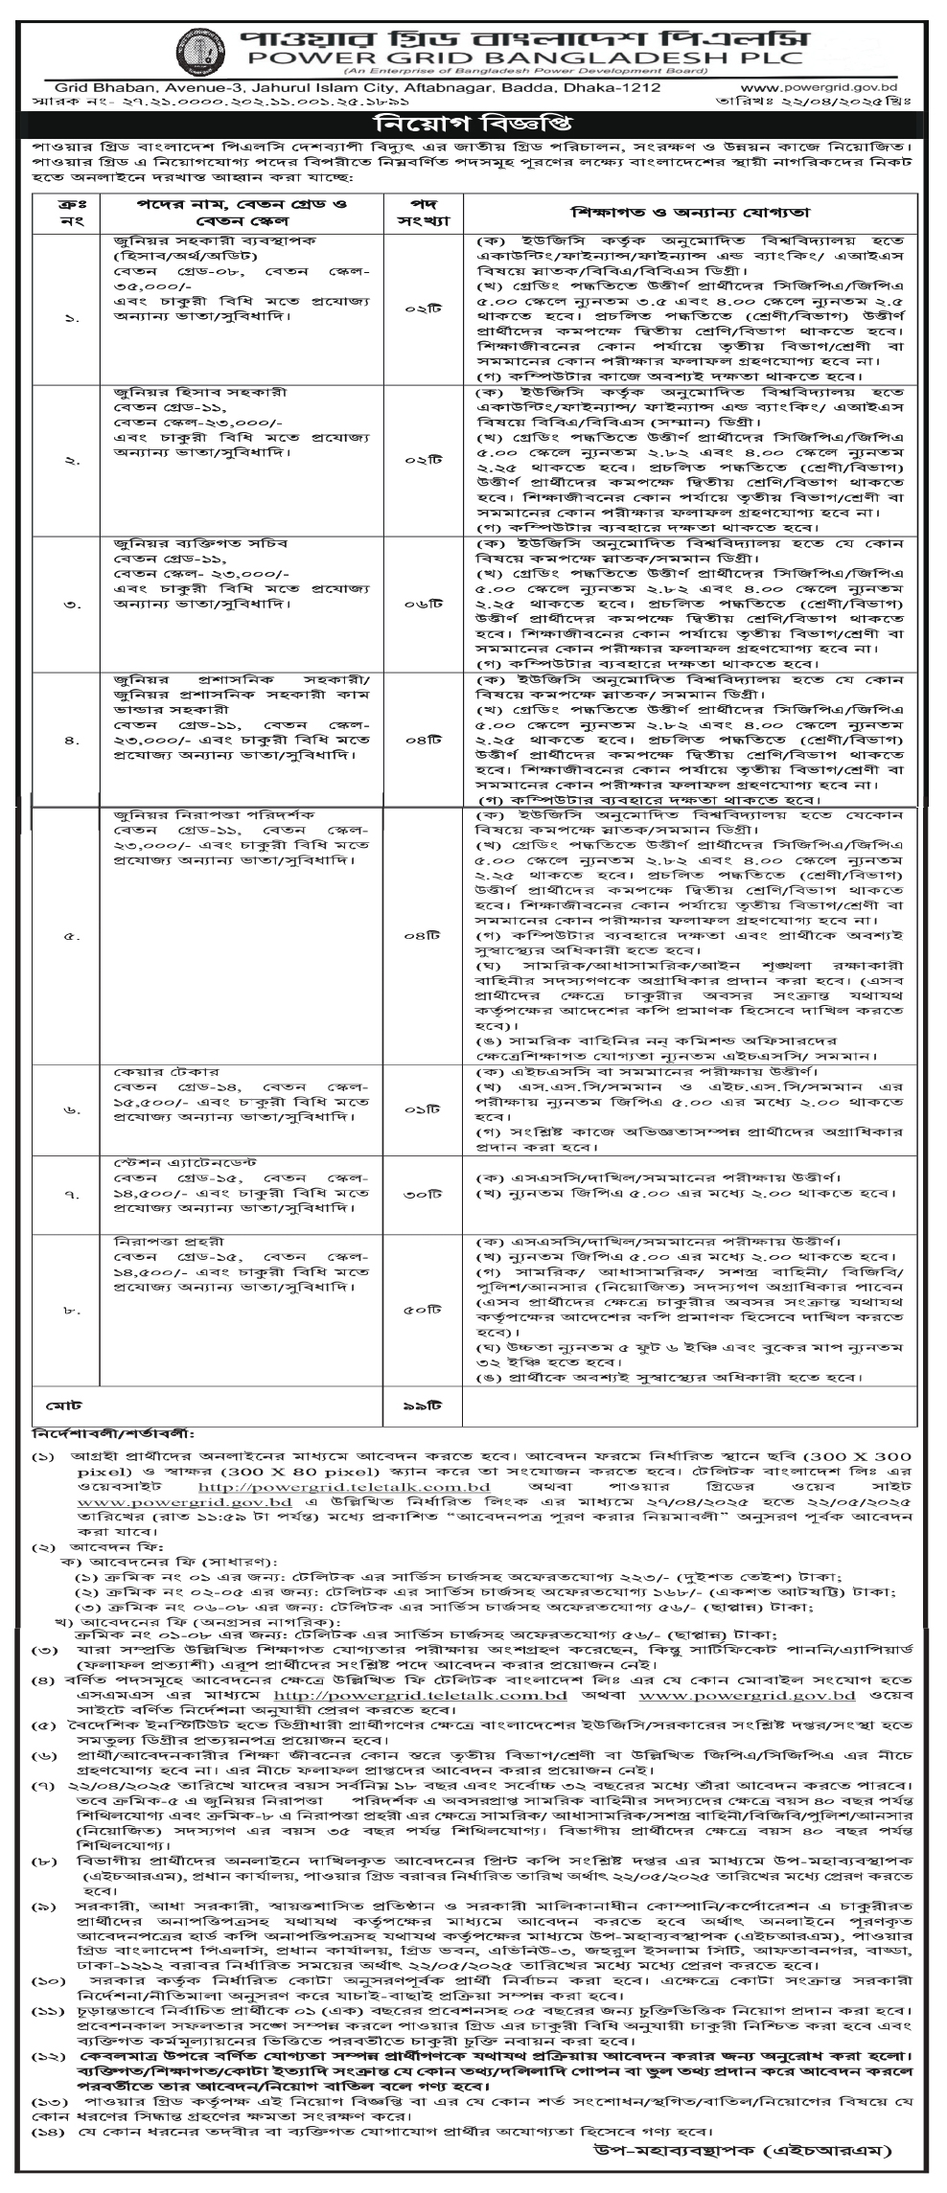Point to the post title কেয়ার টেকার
(x=142, y=1069)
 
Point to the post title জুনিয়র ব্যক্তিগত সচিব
(x=188, y=543)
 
